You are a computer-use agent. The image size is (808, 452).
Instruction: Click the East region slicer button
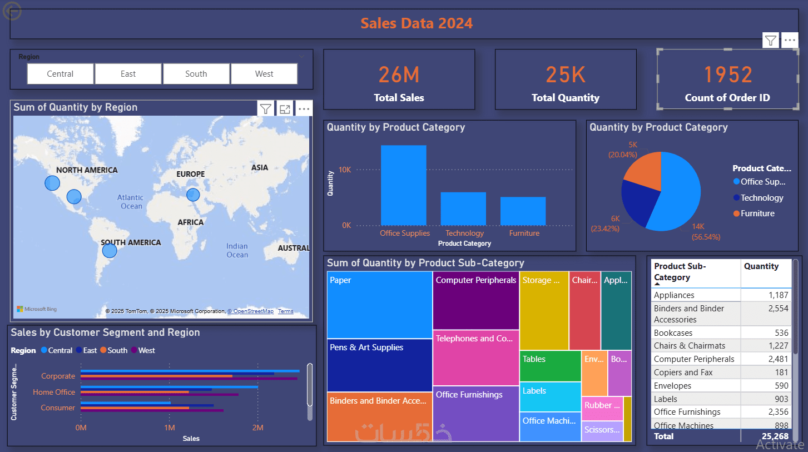[128, 74]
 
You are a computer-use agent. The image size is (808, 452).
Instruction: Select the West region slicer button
[264, 74]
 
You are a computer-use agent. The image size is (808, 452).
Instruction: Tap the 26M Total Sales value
[399, 75]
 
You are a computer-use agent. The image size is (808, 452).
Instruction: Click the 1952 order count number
[727, 75]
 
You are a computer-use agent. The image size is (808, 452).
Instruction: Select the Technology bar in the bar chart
[463, 208]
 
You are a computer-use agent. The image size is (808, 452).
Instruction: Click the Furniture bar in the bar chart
[523, 211]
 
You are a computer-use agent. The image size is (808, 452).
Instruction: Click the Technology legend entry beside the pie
[761, 198]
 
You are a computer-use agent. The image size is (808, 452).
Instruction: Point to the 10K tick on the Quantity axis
[345, 170]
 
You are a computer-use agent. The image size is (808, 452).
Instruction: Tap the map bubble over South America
[110, 250]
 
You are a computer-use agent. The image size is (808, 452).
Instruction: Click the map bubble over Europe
[193, 195]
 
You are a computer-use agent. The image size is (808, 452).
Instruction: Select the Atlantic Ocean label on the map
[131, 202]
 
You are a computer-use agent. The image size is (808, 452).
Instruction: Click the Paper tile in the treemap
[379, 304]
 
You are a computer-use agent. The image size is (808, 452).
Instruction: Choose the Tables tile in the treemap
[550, 366]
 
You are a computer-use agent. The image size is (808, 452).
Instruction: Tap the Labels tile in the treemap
[550, 396]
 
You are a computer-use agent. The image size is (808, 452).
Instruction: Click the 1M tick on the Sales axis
[170, 428]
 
